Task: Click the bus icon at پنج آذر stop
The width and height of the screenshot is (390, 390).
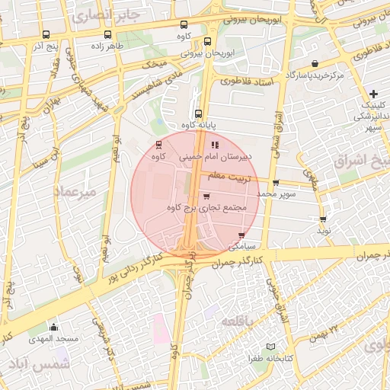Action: tap(46, 34)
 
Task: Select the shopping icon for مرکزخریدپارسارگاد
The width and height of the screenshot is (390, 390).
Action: tap(314, 63)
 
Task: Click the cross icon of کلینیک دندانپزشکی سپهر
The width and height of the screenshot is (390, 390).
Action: tap(372, 93)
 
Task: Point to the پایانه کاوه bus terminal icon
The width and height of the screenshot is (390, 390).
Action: tap(198, 113)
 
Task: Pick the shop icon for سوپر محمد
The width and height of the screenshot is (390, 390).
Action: tap(275, 183)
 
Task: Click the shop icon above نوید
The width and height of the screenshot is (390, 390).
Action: tap(323, 219)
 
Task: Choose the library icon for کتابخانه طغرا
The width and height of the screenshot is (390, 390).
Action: tap(271, 347)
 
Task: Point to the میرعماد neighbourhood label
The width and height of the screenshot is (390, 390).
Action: tap(75, 192)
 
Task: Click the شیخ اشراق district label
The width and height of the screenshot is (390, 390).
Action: tap(361, 161)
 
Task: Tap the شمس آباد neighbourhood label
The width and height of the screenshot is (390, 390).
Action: tap(36, 364)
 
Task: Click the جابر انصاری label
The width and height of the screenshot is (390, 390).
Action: tap(105, 14)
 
